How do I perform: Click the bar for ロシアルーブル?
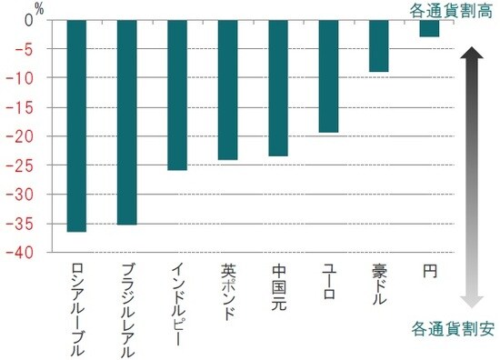coord(77,126)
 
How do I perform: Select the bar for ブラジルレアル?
coord(127,123)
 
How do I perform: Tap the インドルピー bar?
coord(177,95)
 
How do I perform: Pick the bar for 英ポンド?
coord(228,90)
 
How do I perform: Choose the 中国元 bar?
coord(278,88)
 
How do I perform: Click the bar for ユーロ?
coord(328,76)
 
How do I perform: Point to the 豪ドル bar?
coord(379,46)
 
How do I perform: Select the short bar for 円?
coord(429,29)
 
